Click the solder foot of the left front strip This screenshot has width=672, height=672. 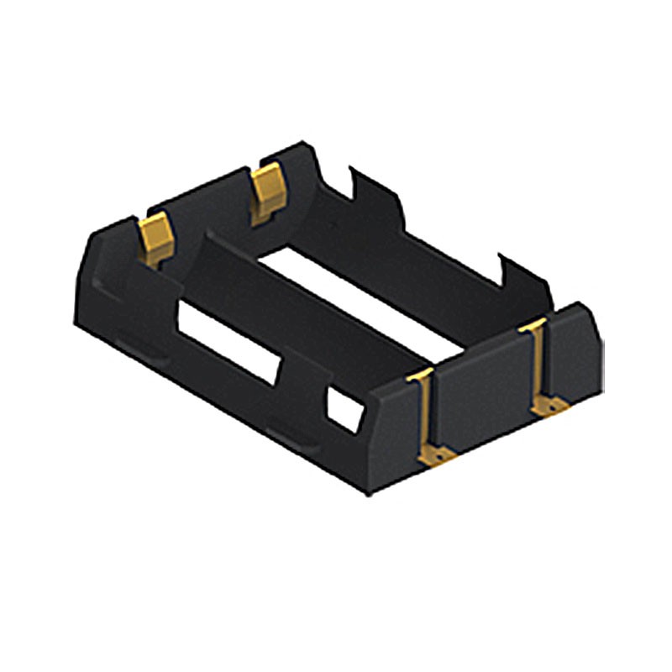click(438, 454)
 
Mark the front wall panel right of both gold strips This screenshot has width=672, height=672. click(575, 353)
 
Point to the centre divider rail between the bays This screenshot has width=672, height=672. click(294, 302)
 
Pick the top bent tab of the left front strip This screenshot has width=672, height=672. click(420, 375)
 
